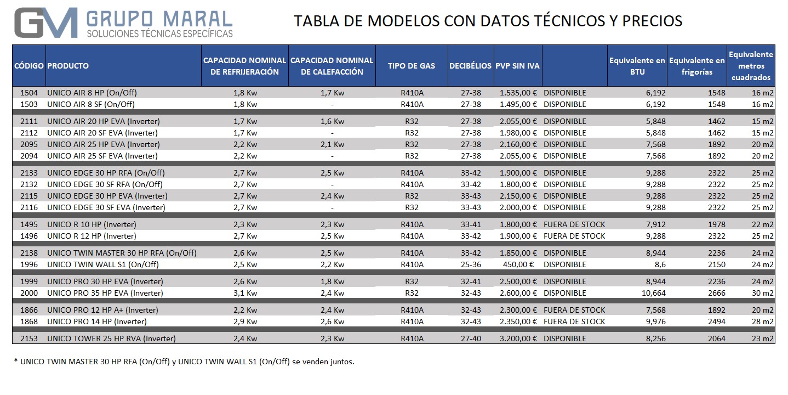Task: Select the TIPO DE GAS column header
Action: [x=411, y=66]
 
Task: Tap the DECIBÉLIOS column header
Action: [x=470, y=66]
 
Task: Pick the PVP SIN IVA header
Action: [x=517, y=66]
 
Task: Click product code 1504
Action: [x=28, y=93]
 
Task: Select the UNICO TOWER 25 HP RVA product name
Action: [x=111, y=338]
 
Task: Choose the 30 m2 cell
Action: [x=762, y=293]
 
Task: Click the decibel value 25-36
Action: [x=471, y=264]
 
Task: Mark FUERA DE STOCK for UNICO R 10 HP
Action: [x=574, y=224]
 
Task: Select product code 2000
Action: [x=28, y=293]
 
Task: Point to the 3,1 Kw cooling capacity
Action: [x=245, y=293]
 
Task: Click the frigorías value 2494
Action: [x=716, y=321]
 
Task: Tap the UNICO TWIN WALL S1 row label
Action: [x=103, y=264]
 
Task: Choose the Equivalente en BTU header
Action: [x=637, y=66]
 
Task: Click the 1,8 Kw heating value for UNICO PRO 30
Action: [x=332, y=281]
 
